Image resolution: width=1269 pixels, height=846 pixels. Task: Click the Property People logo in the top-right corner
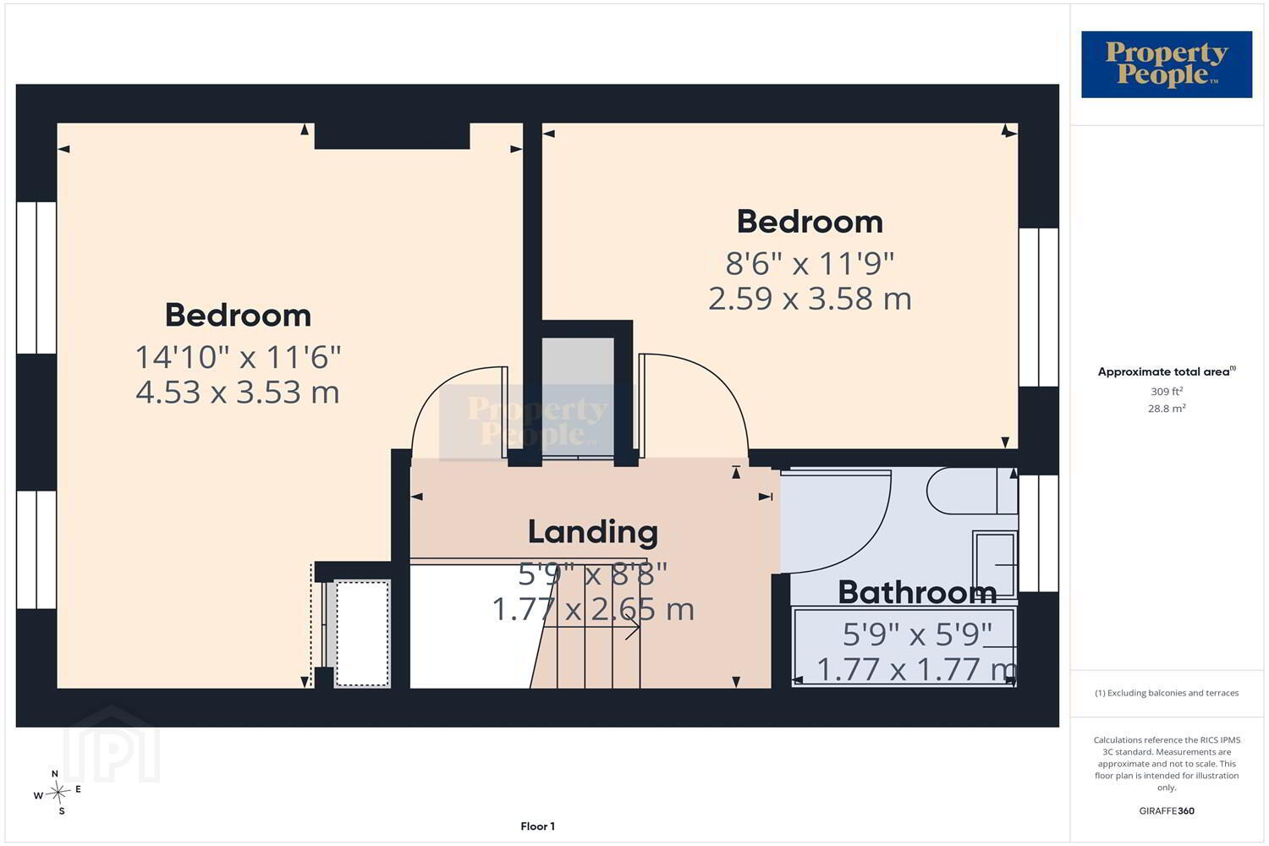1167,64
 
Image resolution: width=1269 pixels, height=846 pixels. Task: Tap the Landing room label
592,533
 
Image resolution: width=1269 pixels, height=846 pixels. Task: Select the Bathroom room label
917,593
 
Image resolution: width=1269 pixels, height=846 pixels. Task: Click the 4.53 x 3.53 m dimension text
238,392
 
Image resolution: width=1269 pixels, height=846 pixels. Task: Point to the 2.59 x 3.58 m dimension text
810,299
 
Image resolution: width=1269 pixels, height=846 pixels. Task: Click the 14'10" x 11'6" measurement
238,357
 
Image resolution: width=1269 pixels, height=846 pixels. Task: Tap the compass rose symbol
58,792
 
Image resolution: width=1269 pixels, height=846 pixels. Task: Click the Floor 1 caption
537,827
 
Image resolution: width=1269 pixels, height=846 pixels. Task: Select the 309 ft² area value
1167,391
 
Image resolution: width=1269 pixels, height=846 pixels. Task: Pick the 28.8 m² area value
1167,408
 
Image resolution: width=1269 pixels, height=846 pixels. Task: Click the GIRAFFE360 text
1167,810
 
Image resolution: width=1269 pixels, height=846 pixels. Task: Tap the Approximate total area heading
1167,371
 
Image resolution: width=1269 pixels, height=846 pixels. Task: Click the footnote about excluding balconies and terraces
1167,693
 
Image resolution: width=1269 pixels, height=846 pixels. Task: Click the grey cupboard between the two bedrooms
578,397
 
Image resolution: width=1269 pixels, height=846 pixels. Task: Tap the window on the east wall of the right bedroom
1039,308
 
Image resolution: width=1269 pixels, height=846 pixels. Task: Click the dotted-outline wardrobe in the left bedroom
363,633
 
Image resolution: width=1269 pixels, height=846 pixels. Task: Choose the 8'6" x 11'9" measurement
810,263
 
